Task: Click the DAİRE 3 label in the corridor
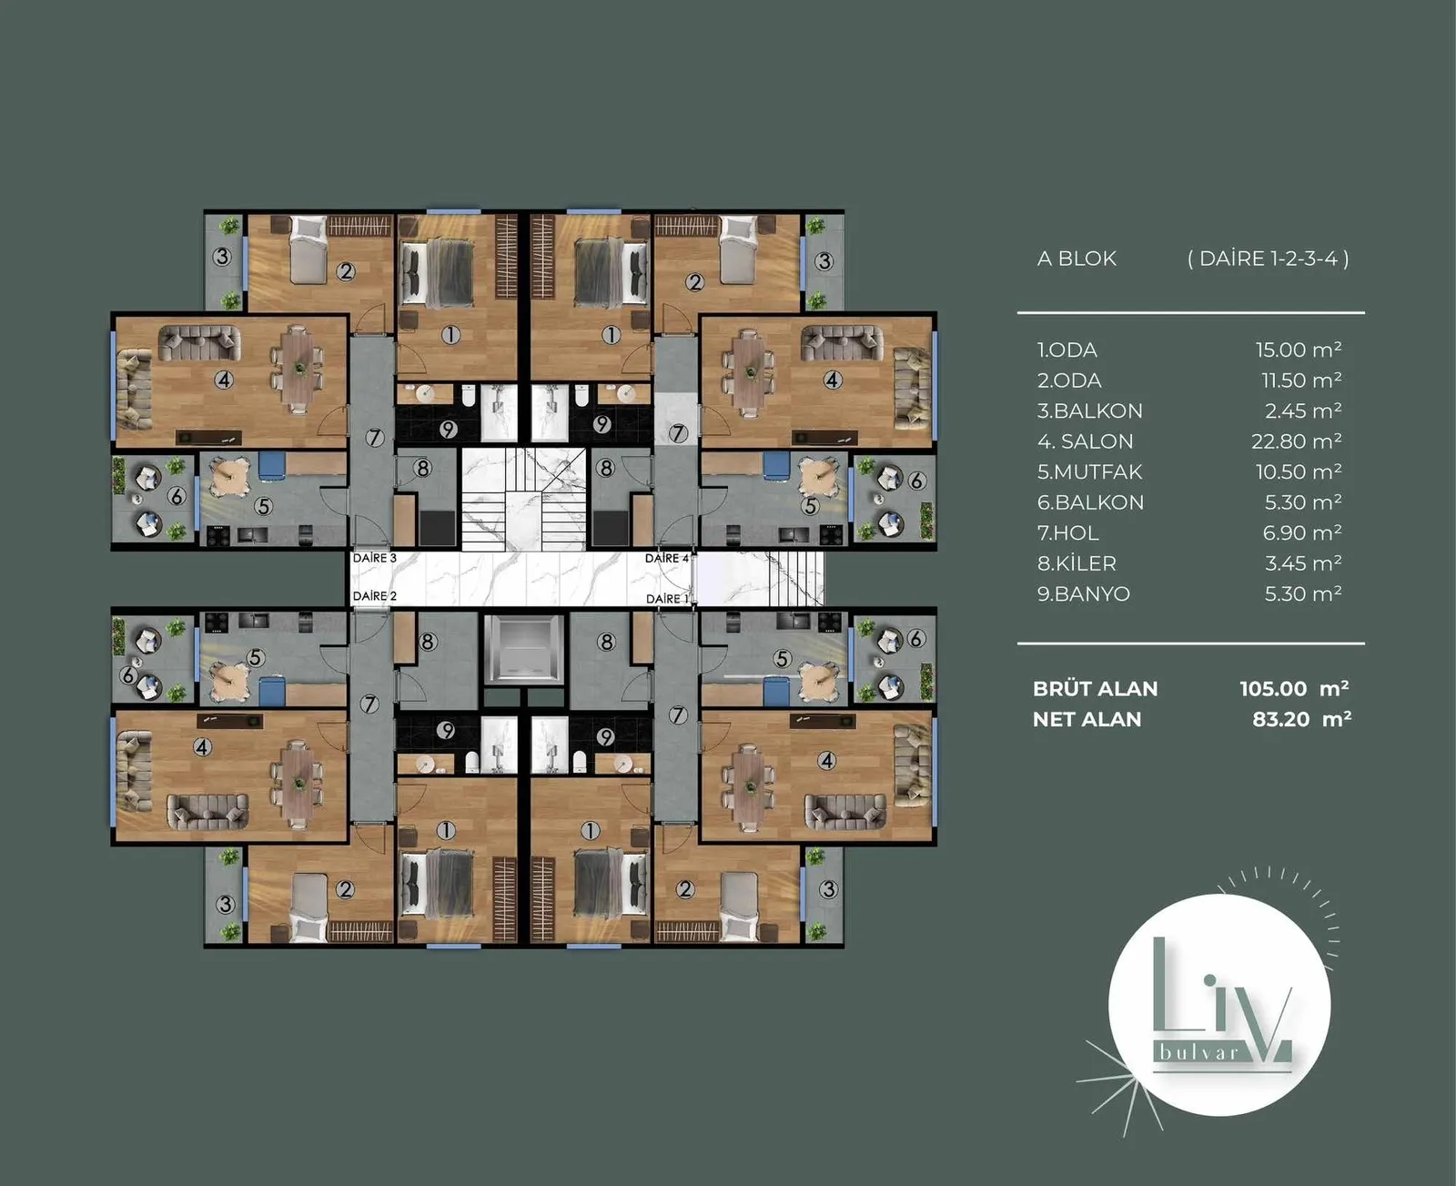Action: click(x=374, y=558)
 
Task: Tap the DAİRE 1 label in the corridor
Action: click(x=668, y=599)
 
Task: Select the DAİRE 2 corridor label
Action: click(x=374, y=596)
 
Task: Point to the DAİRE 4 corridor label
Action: click(x=666, y=558)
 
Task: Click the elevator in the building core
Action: click(x=523, y=649)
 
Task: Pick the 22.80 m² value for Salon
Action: click(x=1296, y=441)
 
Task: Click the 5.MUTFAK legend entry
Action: click(x=1089, y=471)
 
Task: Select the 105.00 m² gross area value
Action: click(x=1294, y=688)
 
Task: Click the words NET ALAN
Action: click(x=1087, y=719)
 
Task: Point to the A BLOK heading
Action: click(x=1077, y=258)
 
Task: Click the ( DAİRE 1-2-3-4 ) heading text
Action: click(x=1268, y=258)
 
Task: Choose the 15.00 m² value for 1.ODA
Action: click(x=1298, y=350)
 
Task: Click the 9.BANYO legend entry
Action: click(x=1083, y=594)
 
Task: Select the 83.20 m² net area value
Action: click(x=1301, y=719)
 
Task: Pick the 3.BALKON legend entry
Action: click(x=1089, y=411)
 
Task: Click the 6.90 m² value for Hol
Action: click(x=1301, y=533)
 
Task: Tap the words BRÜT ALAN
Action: click(x=1095, y=688)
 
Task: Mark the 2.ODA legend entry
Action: click(x=1069, y=380)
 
